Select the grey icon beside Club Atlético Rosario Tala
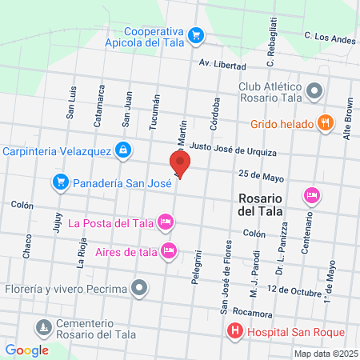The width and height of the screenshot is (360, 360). pyautogui.click(x=314, y=92)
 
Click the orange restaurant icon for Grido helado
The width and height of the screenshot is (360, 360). pyautogui.click(x=324, y=123)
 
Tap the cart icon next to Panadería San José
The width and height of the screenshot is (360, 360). pyautogui.click(x=60, y=183)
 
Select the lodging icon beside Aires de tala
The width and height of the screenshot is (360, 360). pyautogui.click(x=168, y=250)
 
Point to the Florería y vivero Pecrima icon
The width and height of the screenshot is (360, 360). pyautogui.click(x=141, y=286)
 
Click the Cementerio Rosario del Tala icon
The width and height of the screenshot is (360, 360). pyautogui.click(x=42, y=326)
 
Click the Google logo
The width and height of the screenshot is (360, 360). pyautogui.click(x=26, y=350)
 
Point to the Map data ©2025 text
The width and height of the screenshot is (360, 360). pyautogui.click(x=324, y=353)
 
